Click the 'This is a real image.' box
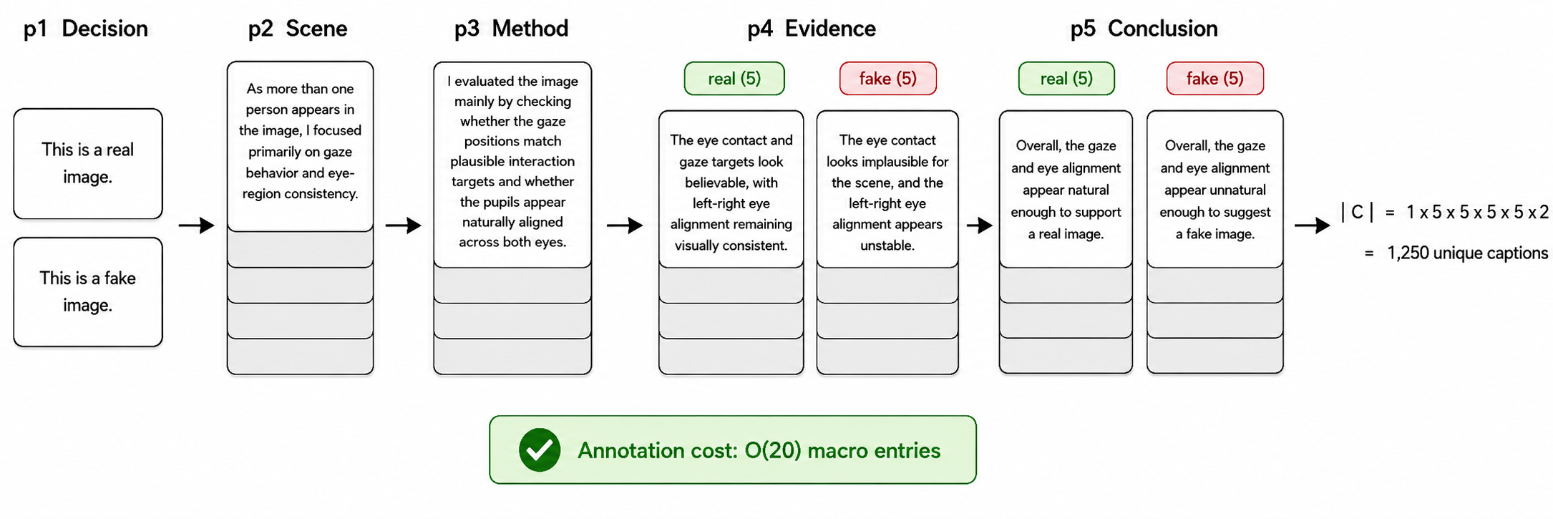[88, 163]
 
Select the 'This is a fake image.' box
[88, 292]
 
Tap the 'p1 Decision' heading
[86, 29]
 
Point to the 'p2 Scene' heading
[298, 29]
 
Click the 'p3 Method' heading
[512, 29]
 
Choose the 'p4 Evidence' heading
[812, 29]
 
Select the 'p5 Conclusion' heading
[1144, 29]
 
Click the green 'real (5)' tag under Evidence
[734, 79]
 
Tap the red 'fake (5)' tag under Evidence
[888, 79]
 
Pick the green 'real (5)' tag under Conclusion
[1066, 79]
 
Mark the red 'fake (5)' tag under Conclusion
[1215, 79]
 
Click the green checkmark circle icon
[540, 450]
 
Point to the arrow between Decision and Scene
[197, 225]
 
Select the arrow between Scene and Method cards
[404, 225]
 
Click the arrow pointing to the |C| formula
[1313, 225]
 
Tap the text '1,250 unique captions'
[1467, 253]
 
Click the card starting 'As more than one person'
[301, 147]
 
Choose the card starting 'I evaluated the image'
[512, 165]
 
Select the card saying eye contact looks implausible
[887, 189]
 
